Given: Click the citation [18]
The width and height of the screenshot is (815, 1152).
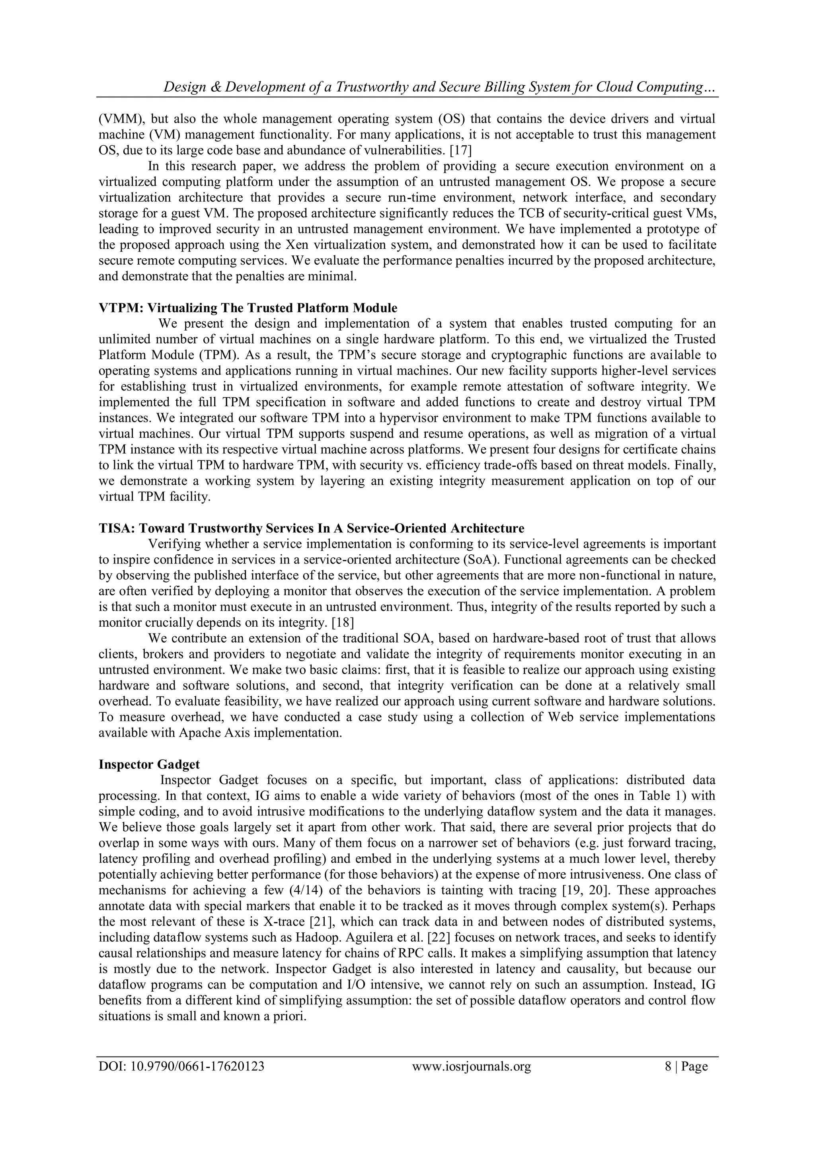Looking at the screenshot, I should (x=343, y=623).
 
